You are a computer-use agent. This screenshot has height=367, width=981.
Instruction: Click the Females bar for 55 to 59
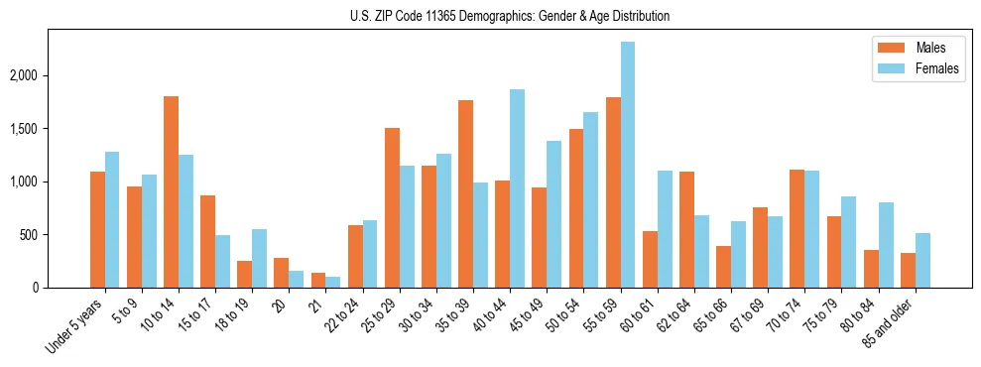[x=627, y=165]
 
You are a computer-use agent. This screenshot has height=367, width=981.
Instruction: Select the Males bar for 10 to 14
[x=171, y=191]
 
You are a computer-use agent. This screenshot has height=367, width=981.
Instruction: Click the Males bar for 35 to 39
[x=465, y=193]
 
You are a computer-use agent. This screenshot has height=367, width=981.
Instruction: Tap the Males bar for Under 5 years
[x=97, y=229]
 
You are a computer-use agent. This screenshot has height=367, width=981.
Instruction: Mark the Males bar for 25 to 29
[x=392, y=207]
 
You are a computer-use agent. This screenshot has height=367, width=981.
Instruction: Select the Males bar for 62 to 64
[x=686, y=229]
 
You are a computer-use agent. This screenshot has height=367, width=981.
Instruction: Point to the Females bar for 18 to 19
[x=259, y=258]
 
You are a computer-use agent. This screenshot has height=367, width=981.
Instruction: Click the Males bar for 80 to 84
[x=870, y=269]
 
